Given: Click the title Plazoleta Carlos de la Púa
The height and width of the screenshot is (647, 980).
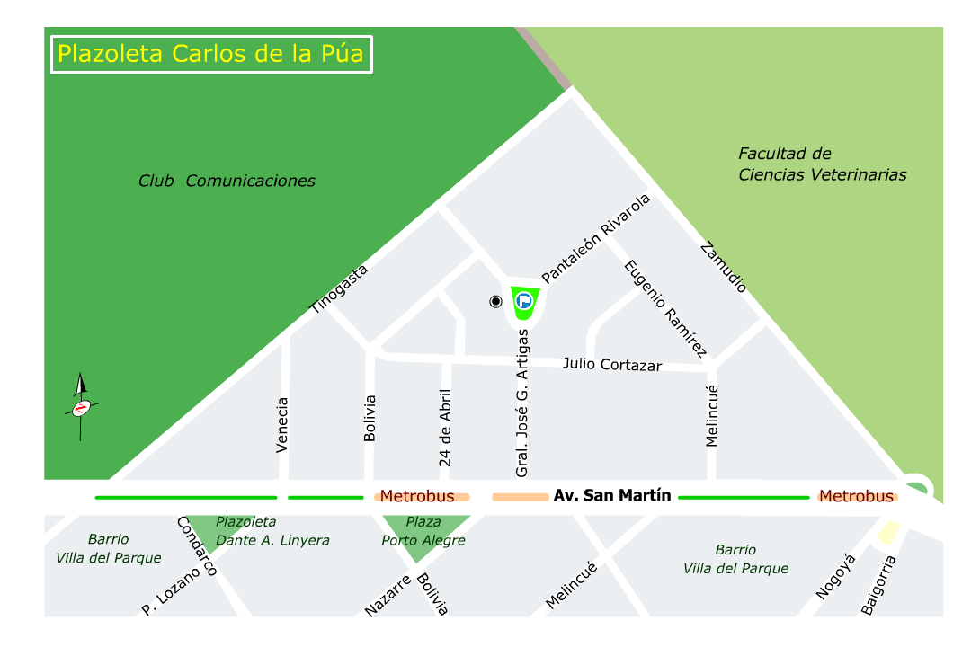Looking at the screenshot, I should tap(210, 54).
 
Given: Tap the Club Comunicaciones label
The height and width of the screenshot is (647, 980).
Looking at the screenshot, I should tap(227, 181).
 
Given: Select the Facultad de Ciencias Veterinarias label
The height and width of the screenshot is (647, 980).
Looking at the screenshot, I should tap(822, 164).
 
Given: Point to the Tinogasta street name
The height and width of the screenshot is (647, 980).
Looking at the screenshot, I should tap(339, 288).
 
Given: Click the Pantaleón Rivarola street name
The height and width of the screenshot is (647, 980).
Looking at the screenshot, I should tap(595, 239).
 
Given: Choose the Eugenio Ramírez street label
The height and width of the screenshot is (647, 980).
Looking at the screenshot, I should tap(666, 309).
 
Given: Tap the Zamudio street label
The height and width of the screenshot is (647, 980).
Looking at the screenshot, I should tap(723, 267).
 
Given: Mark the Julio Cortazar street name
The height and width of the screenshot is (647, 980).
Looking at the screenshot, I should tap(612, 364).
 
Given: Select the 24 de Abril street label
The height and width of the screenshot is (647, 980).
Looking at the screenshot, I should tap(444, 427).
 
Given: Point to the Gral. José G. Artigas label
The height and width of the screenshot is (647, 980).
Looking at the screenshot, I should tap(521, 402).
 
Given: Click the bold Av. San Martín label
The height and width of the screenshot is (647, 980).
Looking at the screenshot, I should tap(612, 495).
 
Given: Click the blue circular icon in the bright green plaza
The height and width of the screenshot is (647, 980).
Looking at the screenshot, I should tap(522, 300).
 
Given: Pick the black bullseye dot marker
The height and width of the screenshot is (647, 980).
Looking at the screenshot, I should tap(495, 301).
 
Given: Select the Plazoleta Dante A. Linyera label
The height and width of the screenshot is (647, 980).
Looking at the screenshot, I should tap(272, 531).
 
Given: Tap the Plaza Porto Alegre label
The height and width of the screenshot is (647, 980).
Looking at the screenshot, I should tap(423, 531).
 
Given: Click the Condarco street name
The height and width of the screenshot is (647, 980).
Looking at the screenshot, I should tap(197, 546).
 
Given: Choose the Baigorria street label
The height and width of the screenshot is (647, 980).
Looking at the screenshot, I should tap(878, 585).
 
